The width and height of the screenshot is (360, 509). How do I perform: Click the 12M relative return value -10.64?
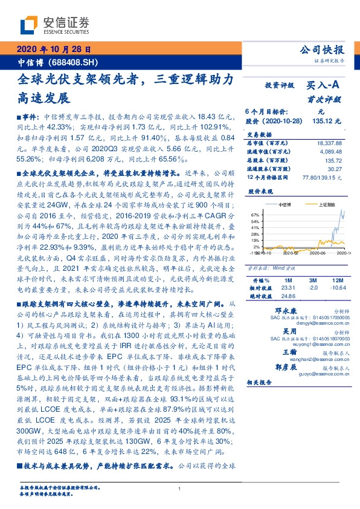(x=338, y=289)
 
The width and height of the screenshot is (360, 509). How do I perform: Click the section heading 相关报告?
(x=261, y=382)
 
